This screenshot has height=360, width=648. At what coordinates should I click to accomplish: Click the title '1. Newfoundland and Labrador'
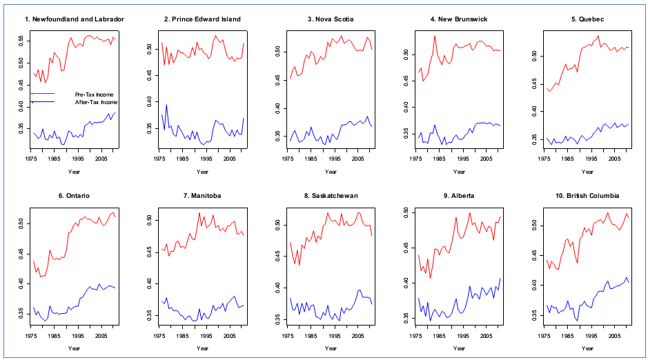tap(75, 19)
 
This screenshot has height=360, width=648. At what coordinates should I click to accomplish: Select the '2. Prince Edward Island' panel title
tap(202, 19)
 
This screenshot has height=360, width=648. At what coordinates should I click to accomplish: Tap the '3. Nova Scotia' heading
tap(331, 19)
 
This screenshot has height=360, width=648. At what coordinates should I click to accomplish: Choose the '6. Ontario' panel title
tap(75, 196)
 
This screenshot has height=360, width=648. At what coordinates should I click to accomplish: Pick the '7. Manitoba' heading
tap(202, 196)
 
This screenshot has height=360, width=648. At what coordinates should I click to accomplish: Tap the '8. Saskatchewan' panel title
tap(331, 196)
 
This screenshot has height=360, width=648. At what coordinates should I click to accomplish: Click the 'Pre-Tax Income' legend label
tap(94, 94)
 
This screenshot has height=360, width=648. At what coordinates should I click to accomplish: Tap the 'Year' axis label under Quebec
tap(589, 172)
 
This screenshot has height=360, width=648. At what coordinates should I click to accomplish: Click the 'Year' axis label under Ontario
tap(75, 348)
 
